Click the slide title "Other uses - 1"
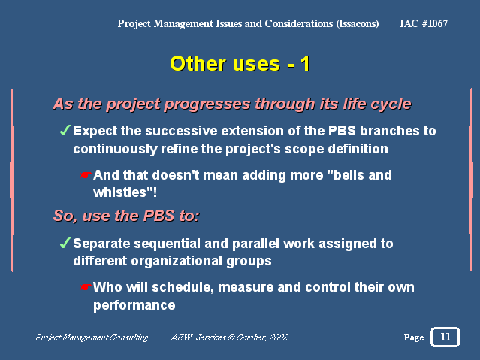(x=240, y=64)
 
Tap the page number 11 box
(x=445, y=337)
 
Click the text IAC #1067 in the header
(x=424, y=23)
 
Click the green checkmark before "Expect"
(x=65, y=130)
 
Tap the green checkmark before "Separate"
(x=65, y=243)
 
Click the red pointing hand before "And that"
(x=85, y=175)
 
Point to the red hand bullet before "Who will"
(x=85, y=287)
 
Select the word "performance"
(x=134, y=305)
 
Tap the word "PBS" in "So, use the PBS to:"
(x=158, y=216)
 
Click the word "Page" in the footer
(x=414, y=337)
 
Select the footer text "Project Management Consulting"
(x=92, y=337)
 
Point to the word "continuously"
(x=115, y=150)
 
